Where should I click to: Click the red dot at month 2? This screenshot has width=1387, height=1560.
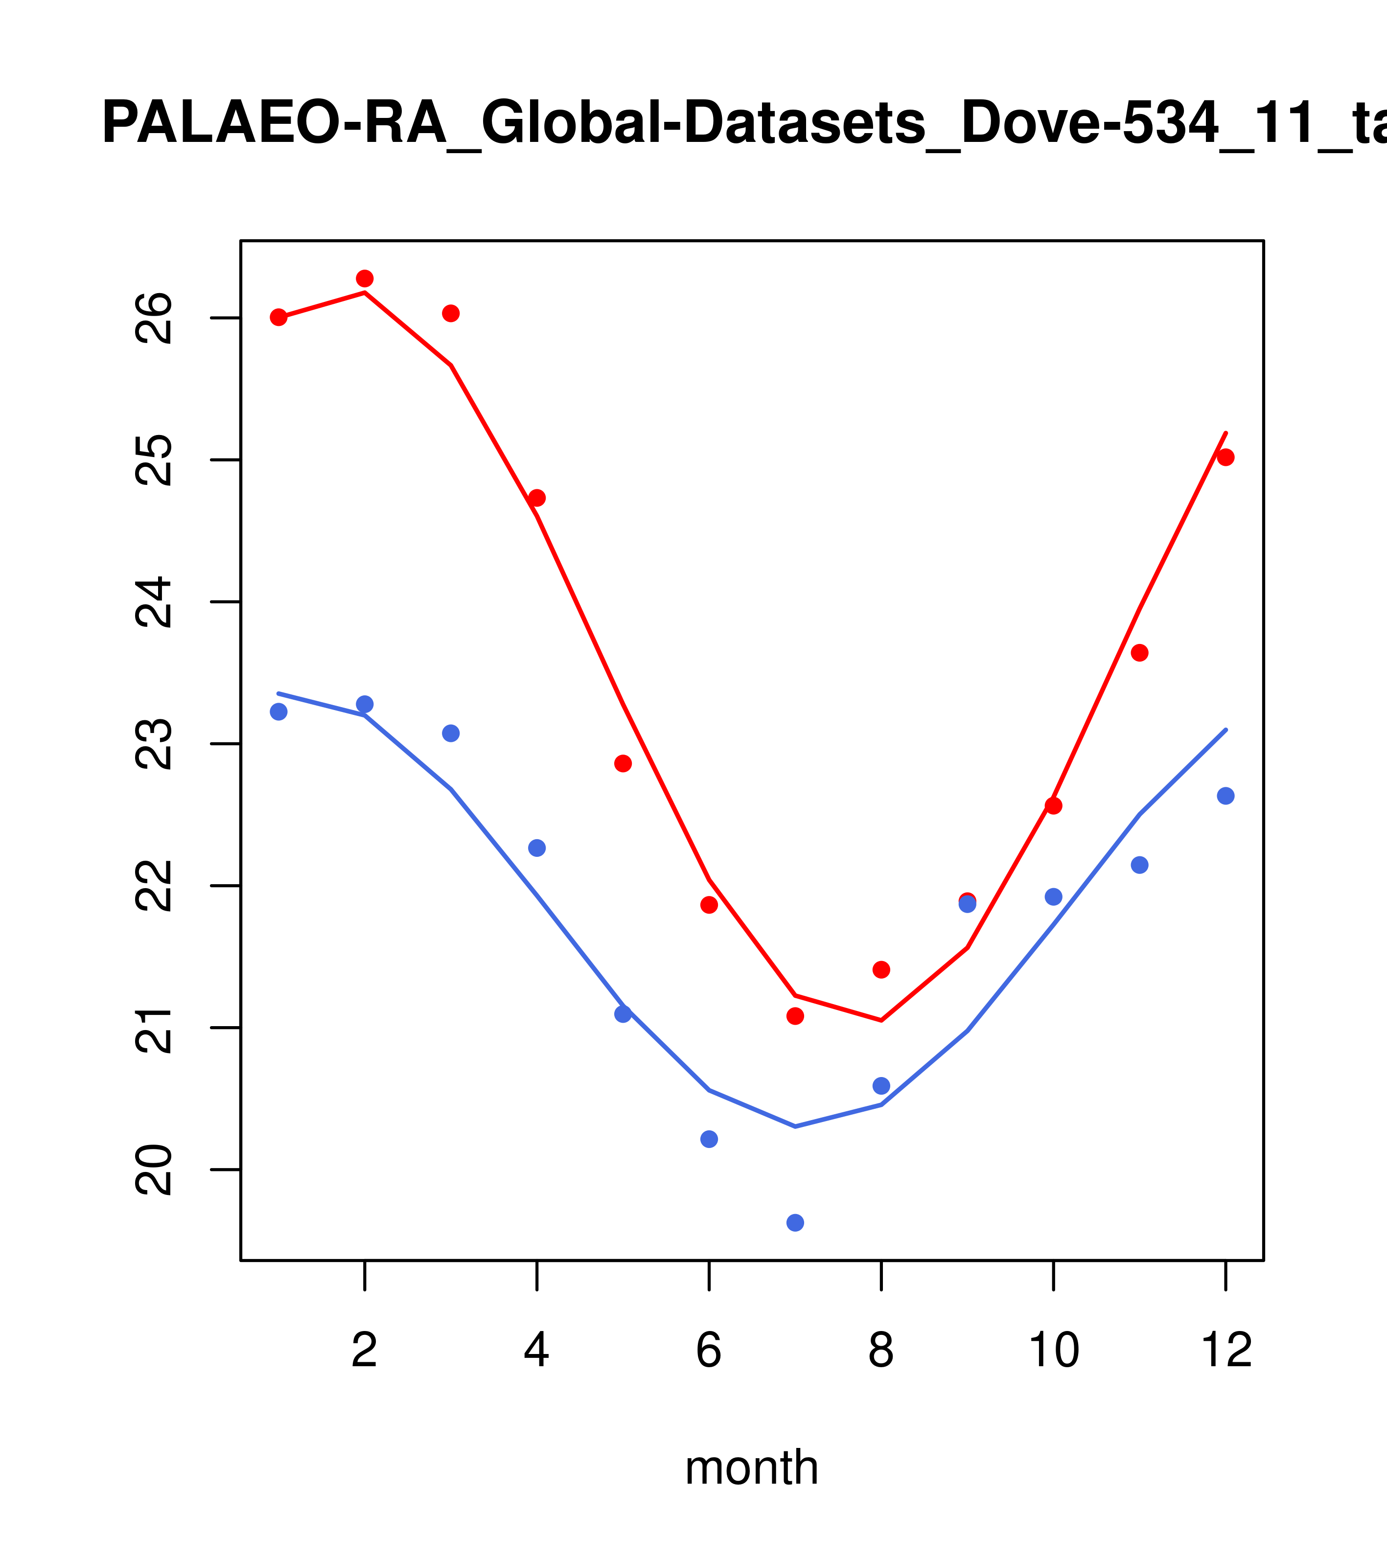tap(365, 278)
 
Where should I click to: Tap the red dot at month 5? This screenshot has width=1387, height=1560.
tap(623, 763)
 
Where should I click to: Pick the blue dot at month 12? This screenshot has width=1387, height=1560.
tap(1225, 796)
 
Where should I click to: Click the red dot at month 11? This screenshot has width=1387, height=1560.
tap(1140, 653)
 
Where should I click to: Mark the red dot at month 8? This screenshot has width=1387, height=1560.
tap(881, 969)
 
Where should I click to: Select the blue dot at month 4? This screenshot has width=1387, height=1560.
tap(537, 848)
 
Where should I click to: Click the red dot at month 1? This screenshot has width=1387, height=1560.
tap(278, 318)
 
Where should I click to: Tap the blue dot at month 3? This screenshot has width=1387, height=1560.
tap(451, 734)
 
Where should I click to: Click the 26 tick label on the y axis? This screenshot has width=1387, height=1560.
tap(154, 318)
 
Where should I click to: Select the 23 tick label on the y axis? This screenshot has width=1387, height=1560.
tap(154, 744)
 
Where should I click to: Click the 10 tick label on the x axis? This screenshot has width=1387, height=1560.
tap(1053, 1351)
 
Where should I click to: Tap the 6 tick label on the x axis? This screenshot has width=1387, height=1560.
tap(709, 1351)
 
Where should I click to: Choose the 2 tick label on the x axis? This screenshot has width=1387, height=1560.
tap(365, 1351)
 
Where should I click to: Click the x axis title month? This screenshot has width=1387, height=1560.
tap(752, 1467)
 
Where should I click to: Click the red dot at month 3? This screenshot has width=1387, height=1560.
tap(451, 314)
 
